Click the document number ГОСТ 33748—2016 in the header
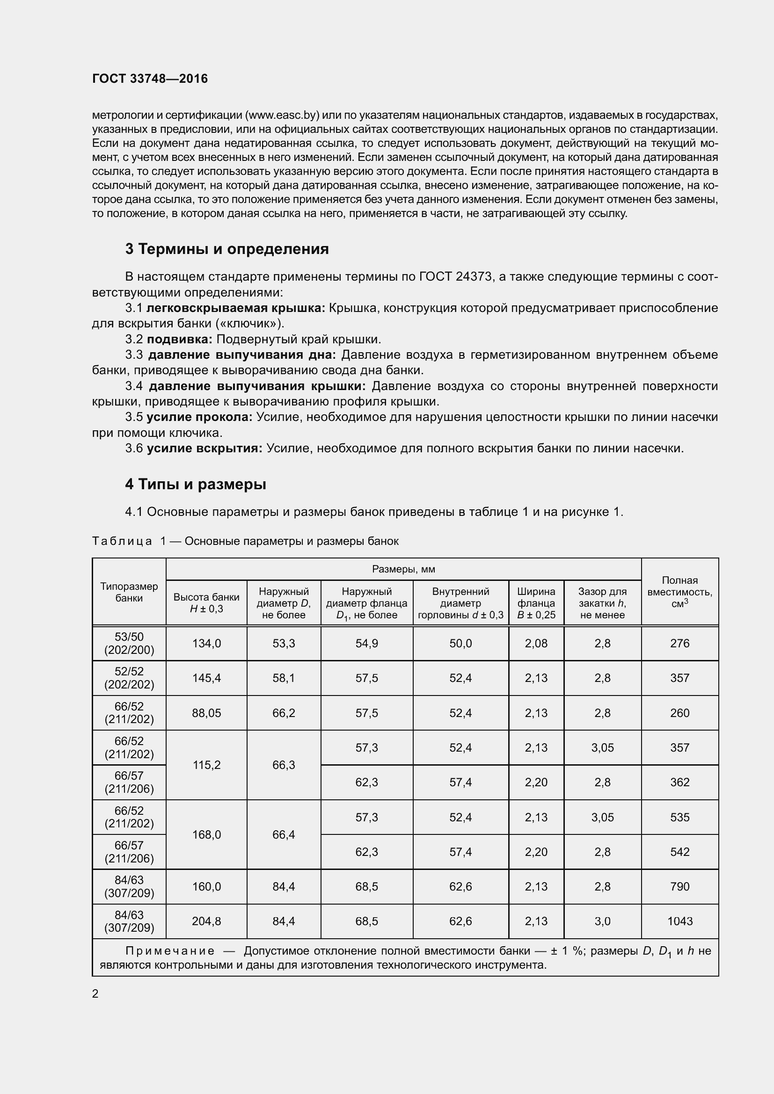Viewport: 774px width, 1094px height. click(150, 79)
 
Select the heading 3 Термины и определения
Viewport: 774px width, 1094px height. click(227, 249)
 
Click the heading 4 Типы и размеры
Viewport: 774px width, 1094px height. click(196, 484)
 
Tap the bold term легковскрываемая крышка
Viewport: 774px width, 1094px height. click(235, 308)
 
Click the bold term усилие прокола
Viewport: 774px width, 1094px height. click(199, 417)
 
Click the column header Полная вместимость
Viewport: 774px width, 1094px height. click(679, 591)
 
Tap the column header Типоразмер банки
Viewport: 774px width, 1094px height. click(129, 592)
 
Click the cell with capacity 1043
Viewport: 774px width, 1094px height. click(679, 921)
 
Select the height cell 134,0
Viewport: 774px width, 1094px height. click(206, 643)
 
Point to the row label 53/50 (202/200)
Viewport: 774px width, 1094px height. click(129, 643)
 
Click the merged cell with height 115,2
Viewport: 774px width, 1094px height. click(206, 765)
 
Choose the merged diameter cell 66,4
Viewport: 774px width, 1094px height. click(284, 834)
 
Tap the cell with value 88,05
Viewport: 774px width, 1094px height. click(206, 713)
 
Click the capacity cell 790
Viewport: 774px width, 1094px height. click(679, 886)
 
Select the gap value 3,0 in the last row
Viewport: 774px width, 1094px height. click(602, 921)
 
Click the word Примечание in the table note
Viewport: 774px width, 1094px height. click(170, 951)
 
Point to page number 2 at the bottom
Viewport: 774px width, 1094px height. click(95, 993)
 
